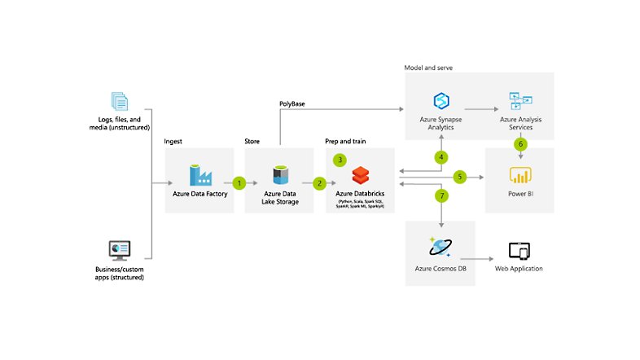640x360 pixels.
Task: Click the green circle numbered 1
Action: [x=239, y=183]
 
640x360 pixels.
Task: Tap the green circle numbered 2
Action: [x=319, y=183]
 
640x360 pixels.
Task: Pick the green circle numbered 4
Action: [x=441, y=156]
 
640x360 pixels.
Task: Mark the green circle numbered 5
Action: [x=459, y=176]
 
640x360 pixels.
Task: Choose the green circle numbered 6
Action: [x=519, y=143]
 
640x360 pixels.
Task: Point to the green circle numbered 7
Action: [x=441, y=196]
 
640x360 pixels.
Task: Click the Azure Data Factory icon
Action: [x=199, y=175]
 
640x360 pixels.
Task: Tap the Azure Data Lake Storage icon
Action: [x=279, y=173]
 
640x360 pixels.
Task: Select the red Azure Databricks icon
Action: [x=361, y=175]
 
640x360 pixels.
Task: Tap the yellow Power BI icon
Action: [x=519, y=175]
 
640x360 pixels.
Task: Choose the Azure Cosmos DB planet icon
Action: [x=441, y=247]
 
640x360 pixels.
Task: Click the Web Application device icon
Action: [x=519, y=251]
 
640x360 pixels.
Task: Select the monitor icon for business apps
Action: [x=119, y=249]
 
